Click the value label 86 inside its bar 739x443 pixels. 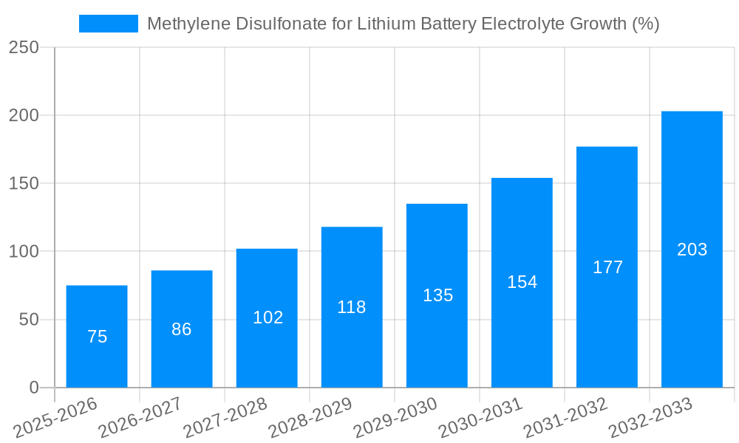[182, 329]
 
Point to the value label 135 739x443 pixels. [437, 295]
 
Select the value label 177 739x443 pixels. [607, 267]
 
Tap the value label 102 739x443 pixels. [268, 317]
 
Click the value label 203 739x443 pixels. [692, 250]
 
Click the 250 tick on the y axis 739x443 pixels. [24, 47]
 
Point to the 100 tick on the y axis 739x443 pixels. [24, 252]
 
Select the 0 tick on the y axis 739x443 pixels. [34, 388]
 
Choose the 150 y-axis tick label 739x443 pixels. [24, 183]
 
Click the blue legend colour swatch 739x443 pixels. [109, 24]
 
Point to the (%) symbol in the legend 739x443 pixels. [645, 24]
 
